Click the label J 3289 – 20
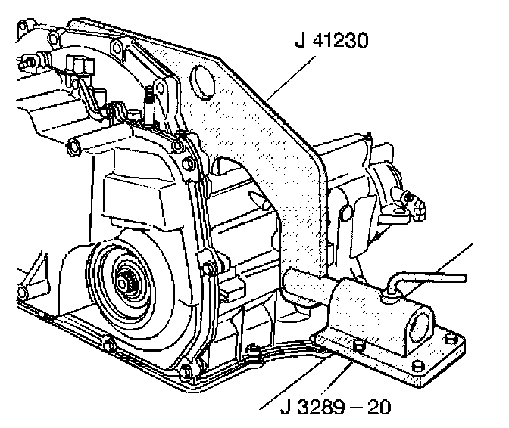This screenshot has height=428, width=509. [332, 408]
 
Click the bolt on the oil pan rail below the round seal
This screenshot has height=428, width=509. [108, 347]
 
